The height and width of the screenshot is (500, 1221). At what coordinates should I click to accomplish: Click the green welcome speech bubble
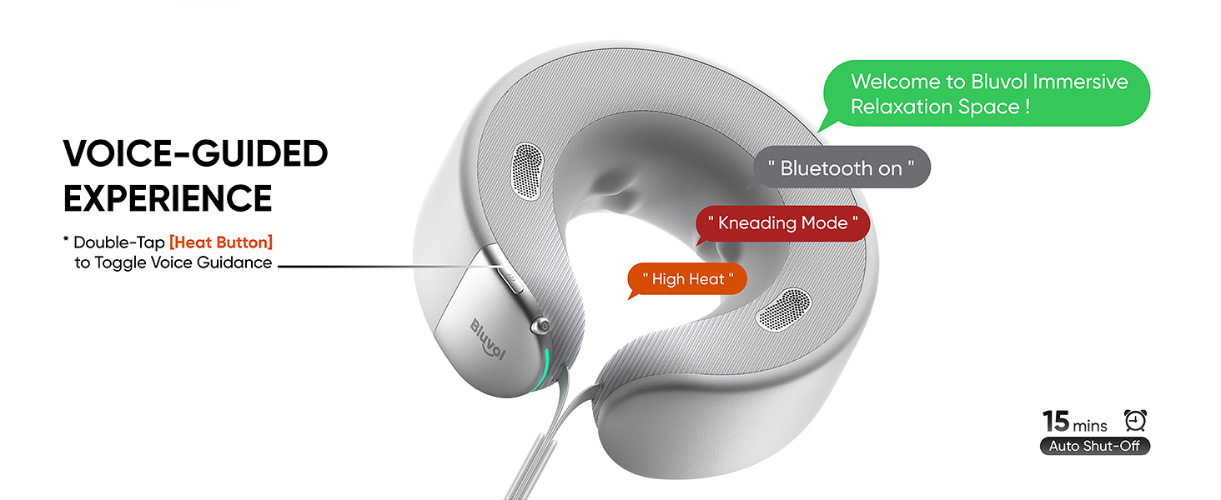click(987, 93)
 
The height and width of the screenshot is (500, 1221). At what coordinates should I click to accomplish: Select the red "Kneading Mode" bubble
click(783, 223)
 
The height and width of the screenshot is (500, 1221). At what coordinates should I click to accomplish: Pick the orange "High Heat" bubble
click(687, 279)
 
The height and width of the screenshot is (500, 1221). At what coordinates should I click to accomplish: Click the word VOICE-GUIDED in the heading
click(196, 153)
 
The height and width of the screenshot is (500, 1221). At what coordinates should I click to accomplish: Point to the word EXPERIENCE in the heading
click(168, 198)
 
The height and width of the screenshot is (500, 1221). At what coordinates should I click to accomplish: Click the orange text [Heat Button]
click(221, 242)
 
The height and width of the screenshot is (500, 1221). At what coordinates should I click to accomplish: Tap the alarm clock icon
click(1135, 421)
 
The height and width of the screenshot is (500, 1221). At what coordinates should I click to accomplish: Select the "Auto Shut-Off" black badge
click(1094, 446)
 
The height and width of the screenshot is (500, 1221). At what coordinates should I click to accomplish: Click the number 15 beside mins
click(1056, 421)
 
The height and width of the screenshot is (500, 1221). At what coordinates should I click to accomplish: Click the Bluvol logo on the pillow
click(488, 339)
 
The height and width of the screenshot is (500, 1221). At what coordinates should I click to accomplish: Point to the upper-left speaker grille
click(527, 171)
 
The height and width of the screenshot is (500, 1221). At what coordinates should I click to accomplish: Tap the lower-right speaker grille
click(783, 310)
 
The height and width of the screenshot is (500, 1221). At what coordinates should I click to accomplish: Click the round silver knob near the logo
click(540, 326)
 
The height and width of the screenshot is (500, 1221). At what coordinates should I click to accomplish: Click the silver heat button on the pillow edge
click(503, 269)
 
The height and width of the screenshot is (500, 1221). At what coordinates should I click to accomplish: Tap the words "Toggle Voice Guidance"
click(183, 262)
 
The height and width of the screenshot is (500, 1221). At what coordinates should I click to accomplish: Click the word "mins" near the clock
click(1089, 425)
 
